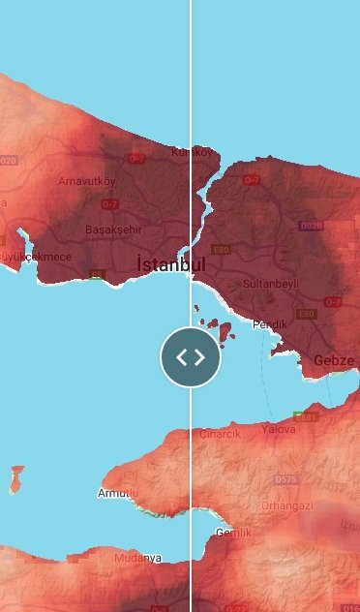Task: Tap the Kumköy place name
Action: pyautogui.click(x=191, y=152)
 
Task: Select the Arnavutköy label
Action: pyautogui.click(x=86, y=181)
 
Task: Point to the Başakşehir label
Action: pyautogui.click(x=113, y=230)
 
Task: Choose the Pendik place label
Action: pyautogui.click(x=270, y=324)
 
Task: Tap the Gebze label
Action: pyautogui.click(x=334, y=361)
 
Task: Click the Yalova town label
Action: pyautogui.click(x=279, y=428)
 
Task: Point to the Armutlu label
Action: pyautogui.click(x=119, y=494)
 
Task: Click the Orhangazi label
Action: pyautogui.click(x=286, y=505)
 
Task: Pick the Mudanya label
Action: pyautogui.click(x=137, y=559)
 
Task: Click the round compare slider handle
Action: pyautogui.click(x=191, y=357)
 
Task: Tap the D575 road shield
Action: pyautogui.click(x=286, y=479)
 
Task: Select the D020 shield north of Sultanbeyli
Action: pyautogui.click(x=311, y=226)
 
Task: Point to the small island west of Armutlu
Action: pyautogui.click(x=17, y=477)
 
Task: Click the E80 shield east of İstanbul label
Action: pyautogui.click(x=222, y=249)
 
